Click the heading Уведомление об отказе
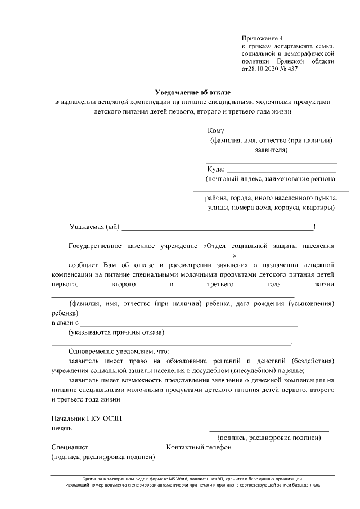pos(193,92)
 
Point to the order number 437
pos(291,69)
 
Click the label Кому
pos(216,131)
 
